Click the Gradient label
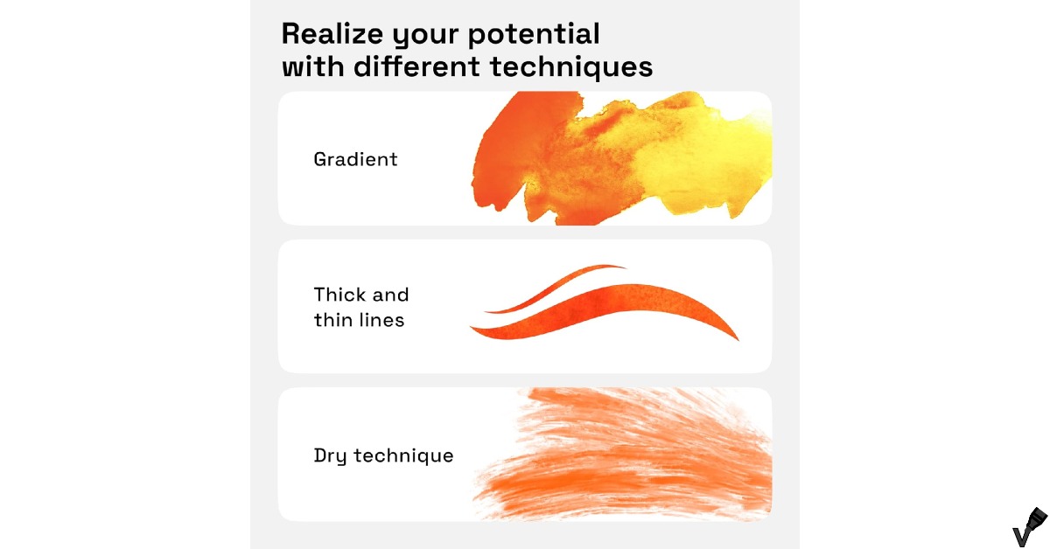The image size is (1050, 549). click(x=355, y=160)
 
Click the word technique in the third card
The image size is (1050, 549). click(x=404, y=456)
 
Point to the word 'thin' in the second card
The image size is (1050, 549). click(x=332, y=320)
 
